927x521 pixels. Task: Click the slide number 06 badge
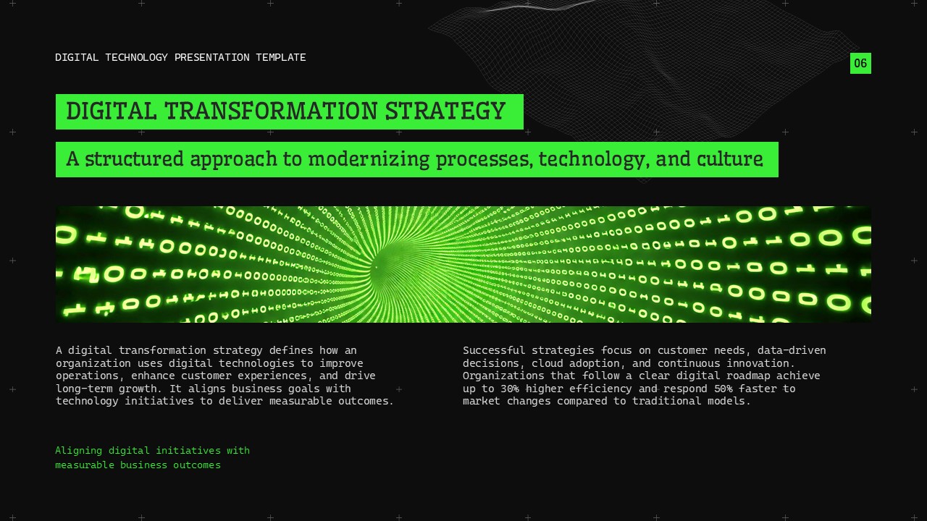tap(860, 63)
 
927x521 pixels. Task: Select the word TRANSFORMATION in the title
tap(271, 111)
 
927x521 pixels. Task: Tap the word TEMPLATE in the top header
tap(280, 57)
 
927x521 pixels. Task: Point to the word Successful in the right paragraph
tap(494, 350)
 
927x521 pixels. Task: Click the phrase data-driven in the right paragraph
tap(792, 350)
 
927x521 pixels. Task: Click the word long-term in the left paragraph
tap(83, 389)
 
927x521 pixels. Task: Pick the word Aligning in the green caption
tap(78, 451)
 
